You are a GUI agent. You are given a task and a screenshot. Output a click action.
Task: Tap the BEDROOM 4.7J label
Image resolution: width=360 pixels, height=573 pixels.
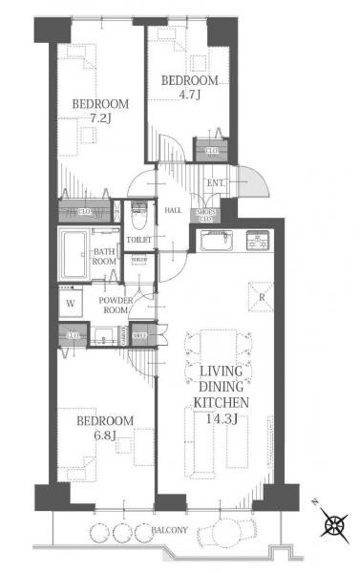[x=189, y=88]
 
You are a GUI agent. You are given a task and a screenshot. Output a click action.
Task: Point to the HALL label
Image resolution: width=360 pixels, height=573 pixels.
[x=172, y=210]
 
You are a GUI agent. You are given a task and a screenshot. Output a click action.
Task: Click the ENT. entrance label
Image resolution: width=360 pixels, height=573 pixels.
[x=216, y=183]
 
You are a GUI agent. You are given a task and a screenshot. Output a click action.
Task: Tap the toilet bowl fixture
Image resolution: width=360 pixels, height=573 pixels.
[x=138, y=213]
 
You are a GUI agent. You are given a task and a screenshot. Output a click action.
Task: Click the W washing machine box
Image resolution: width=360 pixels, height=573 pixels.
[x=70, y=305]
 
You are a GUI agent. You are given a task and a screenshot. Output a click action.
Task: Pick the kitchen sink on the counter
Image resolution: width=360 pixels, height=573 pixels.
[x=214, y=242]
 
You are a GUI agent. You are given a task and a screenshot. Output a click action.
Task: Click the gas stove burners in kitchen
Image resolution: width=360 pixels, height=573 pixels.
[x=258, y=241]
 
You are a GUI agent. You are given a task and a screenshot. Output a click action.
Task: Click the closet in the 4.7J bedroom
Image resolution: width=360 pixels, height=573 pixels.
[x=209, y=149]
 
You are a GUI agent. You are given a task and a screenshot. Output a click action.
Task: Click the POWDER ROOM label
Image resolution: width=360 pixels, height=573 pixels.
[x=116, y=304]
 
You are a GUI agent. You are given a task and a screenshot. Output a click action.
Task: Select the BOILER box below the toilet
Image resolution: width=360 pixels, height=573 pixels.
[x=139, y=261]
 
